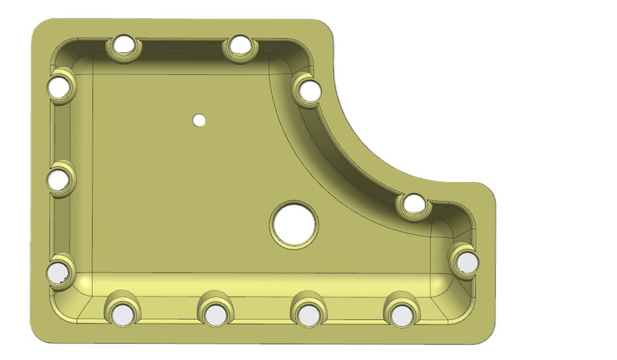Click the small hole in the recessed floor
(199, 120)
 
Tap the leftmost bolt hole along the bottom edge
(121, 314)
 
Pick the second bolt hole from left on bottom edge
(215, 314)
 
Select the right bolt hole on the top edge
(240, 45)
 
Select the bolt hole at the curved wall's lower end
(414, 204)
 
